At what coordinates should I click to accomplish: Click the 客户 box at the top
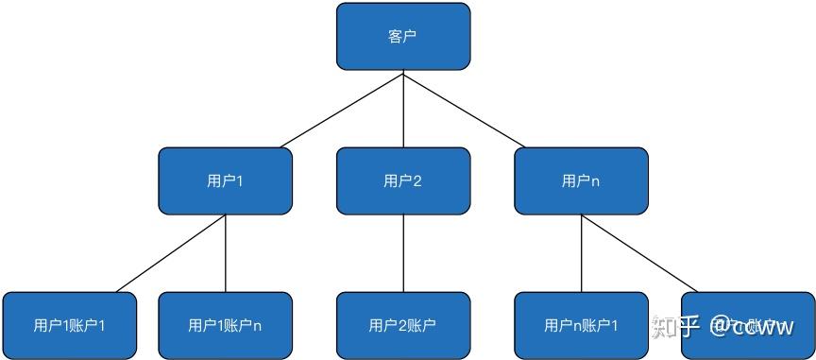[403, 37]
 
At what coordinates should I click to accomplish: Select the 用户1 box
[225, 180]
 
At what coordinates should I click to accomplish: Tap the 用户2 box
[403, 180]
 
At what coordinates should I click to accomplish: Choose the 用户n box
[581, 180]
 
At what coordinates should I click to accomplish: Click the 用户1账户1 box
[70, 325]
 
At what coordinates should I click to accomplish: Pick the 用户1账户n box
[225, 325]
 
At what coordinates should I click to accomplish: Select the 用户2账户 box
[403, 325]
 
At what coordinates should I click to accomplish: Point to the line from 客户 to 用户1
[342, 110]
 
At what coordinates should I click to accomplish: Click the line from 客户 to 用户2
[403, 109]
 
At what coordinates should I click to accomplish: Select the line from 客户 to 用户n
[465, 110]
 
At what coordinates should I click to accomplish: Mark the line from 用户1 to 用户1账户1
[170, 253]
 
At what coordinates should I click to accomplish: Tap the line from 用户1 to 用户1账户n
[225, 253]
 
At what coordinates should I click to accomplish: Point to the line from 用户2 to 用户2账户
[403, 253]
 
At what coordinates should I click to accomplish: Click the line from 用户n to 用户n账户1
[581, 253]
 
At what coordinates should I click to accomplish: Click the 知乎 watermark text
[674, 327]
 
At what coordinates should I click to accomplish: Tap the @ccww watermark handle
[753, 327]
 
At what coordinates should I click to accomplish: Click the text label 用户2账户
[403, 326]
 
